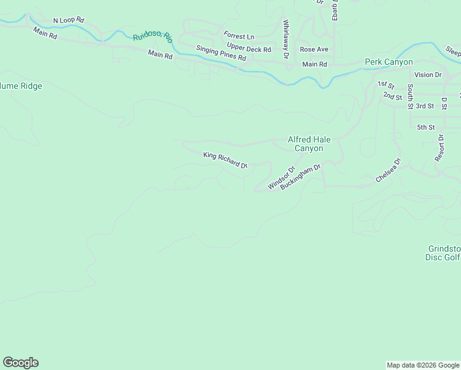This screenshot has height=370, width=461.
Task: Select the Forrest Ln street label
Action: tap(239, 36)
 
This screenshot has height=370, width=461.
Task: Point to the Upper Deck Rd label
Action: tap(248, 48)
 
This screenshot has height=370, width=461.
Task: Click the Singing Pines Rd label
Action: tap(221, 53)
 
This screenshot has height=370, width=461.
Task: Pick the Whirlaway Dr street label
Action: tap(286, 39)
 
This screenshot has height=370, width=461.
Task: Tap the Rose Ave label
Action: tap(314, 49)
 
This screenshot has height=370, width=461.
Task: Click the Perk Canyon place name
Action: tap(388, 62)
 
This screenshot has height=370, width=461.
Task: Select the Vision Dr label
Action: tap(428, 75)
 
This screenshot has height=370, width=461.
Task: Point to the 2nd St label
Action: tap(392, 96)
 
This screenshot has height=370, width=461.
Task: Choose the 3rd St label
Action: tap(425, 106)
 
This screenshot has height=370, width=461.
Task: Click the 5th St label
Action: tap(426, 128)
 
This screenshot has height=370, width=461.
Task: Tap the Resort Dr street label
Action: tap(440, 148)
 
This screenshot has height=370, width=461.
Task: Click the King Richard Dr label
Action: tap(225, 160)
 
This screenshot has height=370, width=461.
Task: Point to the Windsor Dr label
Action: tap(282, 178)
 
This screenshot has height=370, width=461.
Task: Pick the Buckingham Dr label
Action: tap(301, 176)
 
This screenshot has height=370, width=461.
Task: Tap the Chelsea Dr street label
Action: tap(388, 171)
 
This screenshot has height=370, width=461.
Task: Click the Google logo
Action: tap(20, 363)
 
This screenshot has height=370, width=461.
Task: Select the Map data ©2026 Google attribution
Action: tap(423, 365)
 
